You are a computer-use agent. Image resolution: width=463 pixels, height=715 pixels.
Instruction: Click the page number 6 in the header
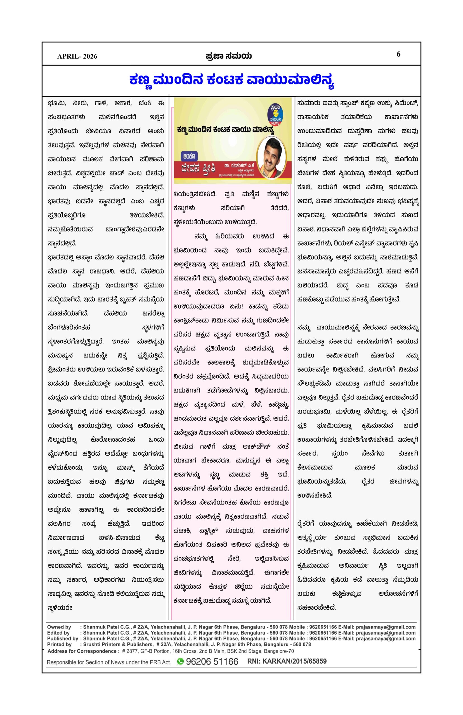pos(398,54)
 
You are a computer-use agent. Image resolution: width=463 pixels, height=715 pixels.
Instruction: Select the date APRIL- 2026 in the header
pos(77,56)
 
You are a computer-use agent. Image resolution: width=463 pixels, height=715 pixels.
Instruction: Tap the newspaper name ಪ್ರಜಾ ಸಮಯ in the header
pos(228,56)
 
